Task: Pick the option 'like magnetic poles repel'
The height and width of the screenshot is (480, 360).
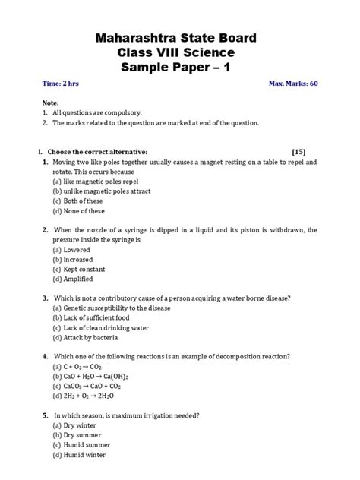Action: (x=88, y=182)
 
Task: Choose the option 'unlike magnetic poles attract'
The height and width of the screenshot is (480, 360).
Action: (x=94, y=192)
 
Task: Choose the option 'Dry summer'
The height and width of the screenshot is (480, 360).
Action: (x=77, y=435)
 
